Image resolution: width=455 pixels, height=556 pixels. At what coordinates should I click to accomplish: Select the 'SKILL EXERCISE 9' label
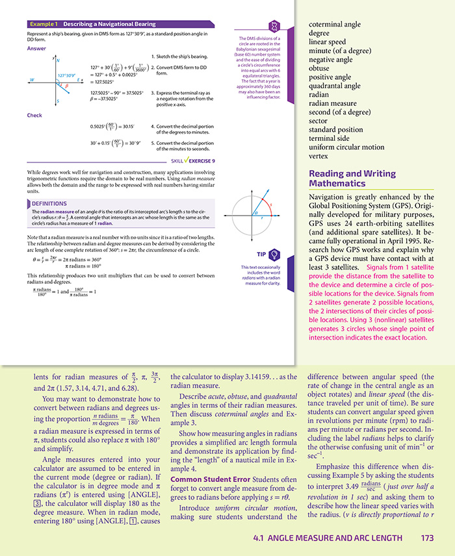pyautogui.click(x=193, y=160)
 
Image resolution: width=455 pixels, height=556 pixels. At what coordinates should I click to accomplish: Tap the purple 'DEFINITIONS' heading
pyautogui.click(x=53, y=203)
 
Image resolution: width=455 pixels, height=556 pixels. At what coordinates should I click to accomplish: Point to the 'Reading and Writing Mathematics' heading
pyautogui.click(x=352, y=179)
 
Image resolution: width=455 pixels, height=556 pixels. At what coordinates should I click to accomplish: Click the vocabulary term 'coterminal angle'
pyautogui.click(x=335, y=25)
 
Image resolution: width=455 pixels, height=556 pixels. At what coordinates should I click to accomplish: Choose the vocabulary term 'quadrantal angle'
pyautogui.click(x=335, y=86)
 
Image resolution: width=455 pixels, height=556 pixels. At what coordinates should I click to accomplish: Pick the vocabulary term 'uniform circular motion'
pyautogui.click(x=346, y=147)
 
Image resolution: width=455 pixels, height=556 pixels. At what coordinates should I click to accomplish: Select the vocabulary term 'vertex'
pyautogui.click(x=319, y=157)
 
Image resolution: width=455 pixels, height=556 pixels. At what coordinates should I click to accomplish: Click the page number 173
pyautogui.click(x=427, y=538)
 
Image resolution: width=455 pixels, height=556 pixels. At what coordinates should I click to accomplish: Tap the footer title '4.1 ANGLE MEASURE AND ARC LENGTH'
pyautogui.click(x=328, y=538)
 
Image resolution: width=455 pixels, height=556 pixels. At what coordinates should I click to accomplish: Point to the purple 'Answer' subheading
pyautogui.click(x=36, y=49)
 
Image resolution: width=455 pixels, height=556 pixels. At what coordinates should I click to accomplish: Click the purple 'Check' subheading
pyautogui.click(x=34, y=116)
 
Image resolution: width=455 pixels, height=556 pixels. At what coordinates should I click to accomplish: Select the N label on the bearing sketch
pyautogui.click(x=58, y=60)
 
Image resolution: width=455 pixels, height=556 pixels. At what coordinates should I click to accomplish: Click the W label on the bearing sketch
pyautogui.click(x=31, y=80)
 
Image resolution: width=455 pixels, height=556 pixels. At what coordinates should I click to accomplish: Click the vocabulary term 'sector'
pyautogui.click(x=319, y=120)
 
